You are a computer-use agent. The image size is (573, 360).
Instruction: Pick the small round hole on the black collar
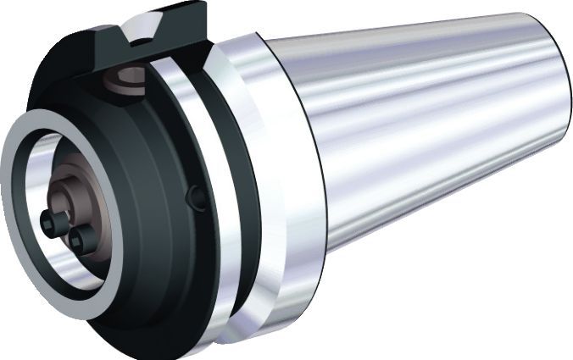pyautogui.click(x=198, y=197)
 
